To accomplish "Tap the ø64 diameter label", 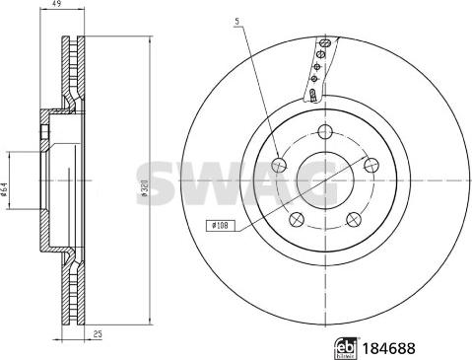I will coord(6,190).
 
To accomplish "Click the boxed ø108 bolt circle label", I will coord(219,227).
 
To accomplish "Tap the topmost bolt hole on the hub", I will coord(324,130).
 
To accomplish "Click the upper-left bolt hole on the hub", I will coord(279,165).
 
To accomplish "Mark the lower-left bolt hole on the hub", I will coord(296,218).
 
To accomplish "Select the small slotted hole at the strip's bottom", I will coord(312,96).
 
